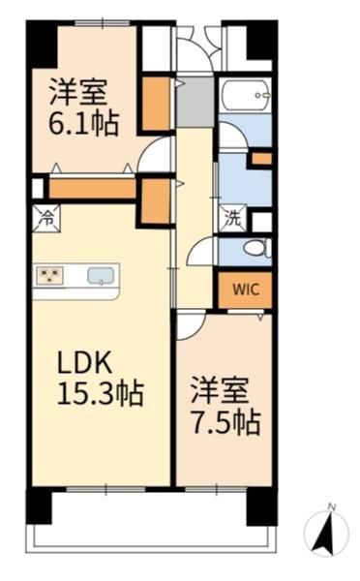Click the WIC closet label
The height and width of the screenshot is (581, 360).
pyautogui.click(x=246, y=289)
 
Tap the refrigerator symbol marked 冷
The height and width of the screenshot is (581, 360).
pyautogui.click(x=46, y=219)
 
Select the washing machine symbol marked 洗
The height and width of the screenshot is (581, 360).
pyautogui.click(x=233, y=219)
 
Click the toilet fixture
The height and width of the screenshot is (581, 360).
pyautogui.click(x=257, y=248)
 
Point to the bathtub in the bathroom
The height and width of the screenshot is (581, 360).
pyautogui.click(x=246, y=95)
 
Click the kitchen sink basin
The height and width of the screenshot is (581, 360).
pyautogui.click(x=99, y=276)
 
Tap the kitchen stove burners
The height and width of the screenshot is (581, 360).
pyautogui.click(x=49, y=276)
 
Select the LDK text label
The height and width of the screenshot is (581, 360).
pyautogui.click(x=84, y=363)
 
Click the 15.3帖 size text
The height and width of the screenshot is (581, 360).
pyautogui.click(x=101, y=394)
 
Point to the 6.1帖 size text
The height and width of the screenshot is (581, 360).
pyautogui.click(x=83, y=124)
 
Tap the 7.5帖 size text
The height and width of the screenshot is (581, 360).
pyautogui.click(x=225, y=422)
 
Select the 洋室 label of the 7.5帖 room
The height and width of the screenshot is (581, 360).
pyautogui.click(x=220, y=390)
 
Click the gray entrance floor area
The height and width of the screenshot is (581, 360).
pyautogui.click(x=195, y=102)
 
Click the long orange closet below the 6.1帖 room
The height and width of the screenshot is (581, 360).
pyautogui.click(x=93, y=188)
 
